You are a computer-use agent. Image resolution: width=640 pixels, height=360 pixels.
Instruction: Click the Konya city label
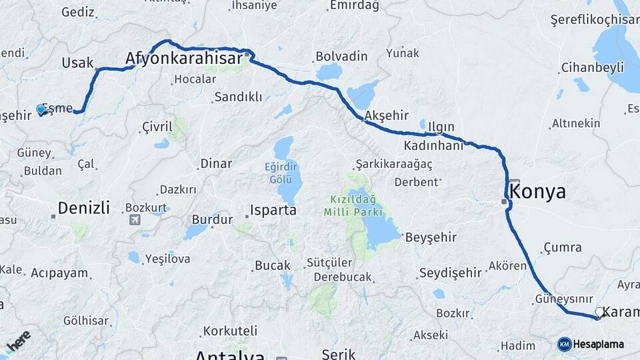click(537, 193)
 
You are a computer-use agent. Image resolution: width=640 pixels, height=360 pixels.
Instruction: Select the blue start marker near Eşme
click(41, 110)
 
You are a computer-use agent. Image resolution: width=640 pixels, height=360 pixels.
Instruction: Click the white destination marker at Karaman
click(599, 311)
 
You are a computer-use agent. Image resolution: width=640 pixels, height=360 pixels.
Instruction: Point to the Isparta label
click(273, 211)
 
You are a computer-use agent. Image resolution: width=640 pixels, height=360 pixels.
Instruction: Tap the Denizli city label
click(83, 208)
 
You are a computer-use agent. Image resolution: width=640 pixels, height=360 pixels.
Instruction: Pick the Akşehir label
click(386, 115)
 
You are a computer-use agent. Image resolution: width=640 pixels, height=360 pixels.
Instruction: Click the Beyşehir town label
click(431, 237)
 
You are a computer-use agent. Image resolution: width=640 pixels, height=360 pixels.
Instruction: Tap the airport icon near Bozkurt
click(135, 219)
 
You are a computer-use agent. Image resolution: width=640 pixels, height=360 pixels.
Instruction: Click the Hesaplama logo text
click(600, 345)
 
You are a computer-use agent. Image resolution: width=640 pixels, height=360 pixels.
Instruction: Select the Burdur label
click(212, 219)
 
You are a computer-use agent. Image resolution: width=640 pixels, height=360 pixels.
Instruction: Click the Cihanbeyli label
click(593, 67)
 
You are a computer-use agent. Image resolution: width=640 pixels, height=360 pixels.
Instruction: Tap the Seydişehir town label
click(450, 273)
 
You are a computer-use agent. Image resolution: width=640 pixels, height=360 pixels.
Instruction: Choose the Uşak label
click(77, 63)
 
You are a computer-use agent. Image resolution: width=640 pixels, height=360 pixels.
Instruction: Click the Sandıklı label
click(238, 97)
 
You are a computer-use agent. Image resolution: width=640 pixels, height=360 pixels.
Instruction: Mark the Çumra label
click(563, 248)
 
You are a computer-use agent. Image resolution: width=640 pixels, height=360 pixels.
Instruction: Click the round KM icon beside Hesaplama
click(565, 344)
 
